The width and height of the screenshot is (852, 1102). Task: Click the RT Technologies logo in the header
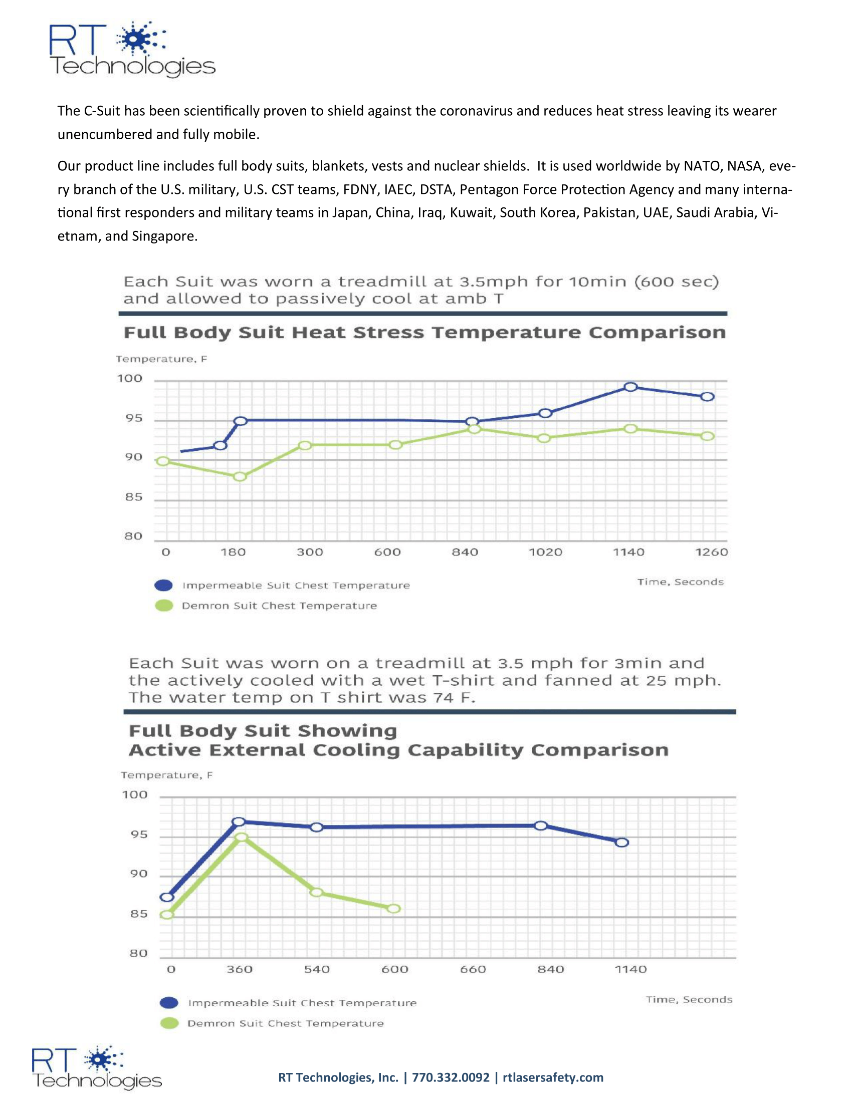click(x=132, y=49)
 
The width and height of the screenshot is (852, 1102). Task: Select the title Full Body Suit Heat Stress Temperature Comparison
click(x=424, y=333)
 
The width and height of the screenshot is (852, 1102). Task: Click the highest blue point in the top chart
click(x=630, y=387)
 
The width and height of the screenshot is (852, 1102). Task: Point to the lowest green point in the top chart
click(x=240, y=476)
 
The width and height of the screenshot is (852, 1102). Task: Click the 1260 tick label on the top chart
click(x=711, y=552)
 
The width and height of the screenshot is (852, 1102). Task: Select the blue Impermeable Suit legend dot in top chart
click(x=163, y=585)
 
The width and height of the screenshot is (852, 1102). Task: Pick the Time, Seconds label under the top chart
click(x=681, y=582)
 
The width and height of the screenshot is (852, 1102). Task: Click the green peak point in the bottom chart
click(x=242, y=837)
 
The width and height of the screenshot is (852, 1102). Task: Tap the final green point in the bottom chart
click(x=394, y=909)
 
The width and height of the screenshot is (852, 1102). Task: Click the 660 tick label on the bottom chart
click(x=473, y=969)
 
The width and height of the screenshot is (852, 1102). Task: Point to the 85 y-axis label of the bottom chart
click(x=139, y=914)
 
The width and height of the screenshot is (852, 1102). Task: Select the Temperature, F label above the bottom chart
click(x=166, y=775)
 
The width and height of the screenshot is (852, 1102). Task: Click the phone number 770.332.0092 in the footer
click(x=451, y=1078)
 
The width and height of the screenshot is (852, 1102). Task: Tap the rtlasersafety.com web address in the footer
click(x=553, y=1078)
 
